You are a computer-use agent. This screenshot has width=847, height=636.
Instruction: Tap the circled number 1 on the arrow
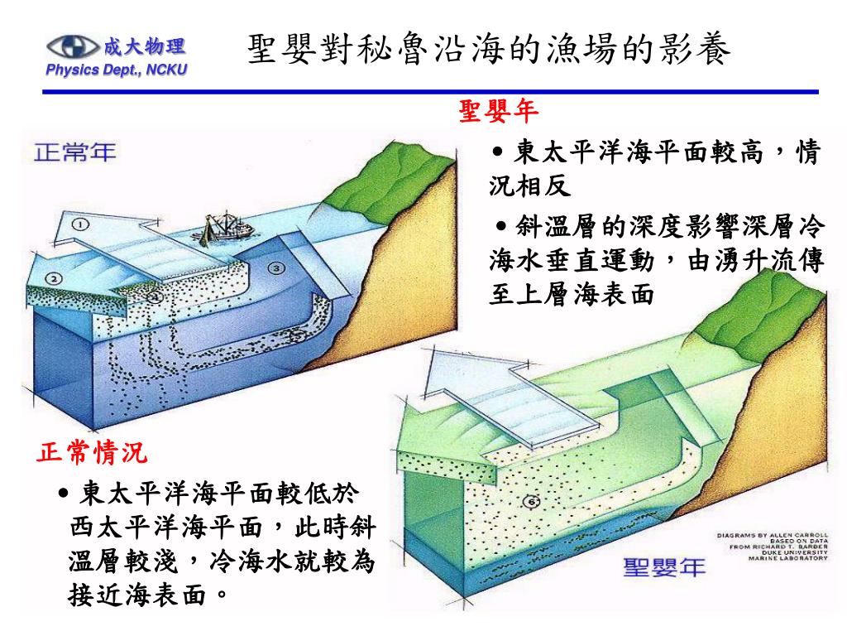80,224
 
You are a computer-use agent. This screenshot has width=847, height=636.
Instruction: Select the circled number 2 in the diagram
53,278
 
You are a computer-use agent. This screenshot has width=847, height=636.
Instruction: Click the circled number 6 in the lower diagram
532,501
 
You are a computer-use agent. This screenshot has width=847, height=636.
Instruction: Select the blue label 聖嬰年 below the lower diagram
664,568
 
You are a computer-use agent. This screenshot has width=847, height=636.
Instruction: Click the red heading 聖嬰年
499,110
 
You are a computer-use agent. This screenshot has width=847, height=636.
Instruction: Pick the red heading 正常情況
93,453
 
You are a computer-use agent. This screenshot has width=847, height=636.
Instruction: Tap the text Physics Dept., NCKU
117,70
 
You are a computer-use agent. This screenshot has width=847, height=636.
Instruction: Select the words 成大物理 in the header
144,46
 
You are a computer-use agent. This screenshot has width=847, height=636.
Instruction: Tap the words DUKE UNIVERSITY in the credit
792,552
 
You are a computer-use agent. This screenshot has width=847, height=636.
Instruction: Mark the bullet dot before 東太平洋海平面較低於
65,494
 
